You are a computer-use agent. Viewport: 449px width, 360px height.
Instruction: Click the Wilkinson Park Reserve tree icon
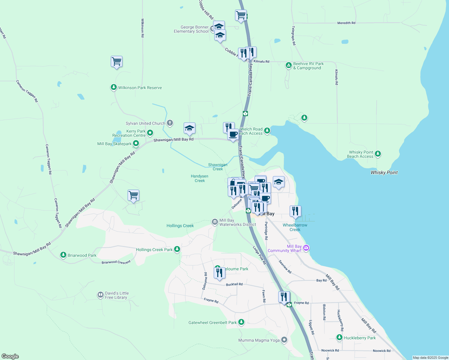point(113,87)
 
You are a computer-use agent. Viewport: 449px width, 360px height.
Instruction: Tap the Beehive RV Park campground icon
point(288,65)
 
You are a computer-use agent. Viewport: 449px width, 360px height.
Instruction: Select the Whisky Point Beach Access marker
point(378,154)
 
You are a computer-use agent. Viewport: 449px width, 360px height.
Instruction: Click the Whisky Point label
point(384,172)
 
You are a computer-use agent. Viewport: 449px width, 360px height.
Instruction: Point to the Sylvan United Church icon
point(170,123)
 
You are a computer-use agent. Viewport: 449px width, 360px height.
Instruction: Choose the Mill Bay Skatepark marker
point(136,144)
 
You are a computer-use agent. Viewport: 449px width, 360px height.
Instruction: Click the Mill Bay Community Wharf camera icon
point(306,248)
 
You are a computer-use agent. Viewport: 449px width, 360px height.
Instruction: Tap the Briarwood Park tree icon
point(63,255)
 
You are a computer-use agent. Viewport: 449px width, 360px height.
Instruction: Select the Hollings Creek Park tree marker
point(177,249)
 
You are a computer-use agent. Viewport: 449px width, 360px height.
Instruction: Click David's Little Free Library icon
point(101,295)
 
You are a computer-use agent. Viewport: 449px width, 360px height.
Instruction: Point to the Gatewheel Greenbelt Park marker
point(241,322)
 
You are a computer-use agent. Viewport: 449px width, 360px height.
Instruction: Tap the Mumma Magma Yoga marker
point(284,340)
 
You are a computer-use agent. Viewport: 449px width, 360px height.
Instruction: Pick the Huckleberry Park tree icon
point(339,337)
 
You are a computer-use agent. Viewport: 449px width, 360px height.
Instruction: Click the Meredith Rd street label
point(346,23)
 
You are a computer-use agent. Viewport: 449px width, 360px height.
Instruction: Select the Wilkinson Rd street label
point(143,28)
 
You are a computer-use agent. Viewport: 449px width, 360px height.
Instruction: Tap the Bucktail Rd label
point(234,284)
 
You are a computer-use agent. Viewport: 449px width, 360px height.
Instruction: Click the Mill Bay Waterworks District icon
point(215,222)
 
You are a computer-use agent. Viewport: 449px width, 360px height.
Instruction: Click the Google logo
point(10,356)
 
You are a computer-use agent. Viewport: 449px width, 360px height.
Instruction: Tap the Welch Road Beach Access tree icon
point(267,130)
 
